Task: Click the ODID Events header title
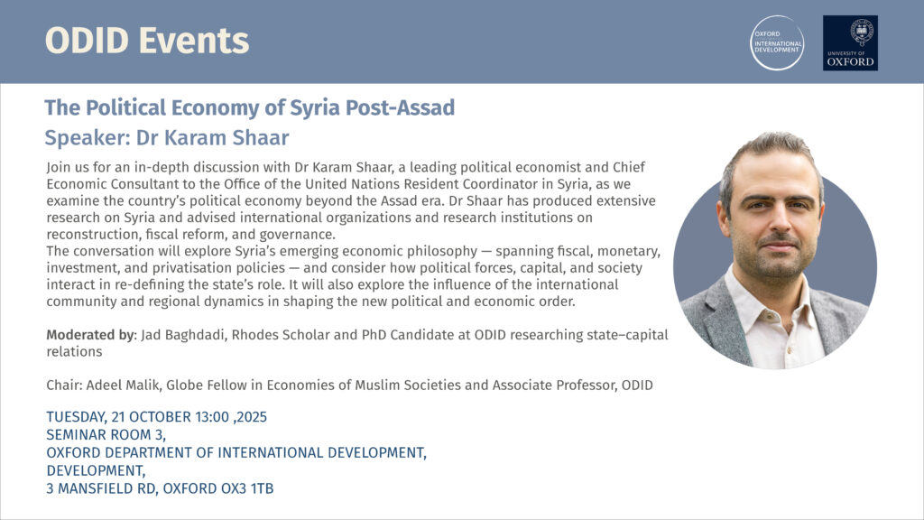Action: pyautogui.click(x=147, y=41)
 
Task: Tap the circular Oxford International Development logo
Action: pyautogui.click(x=777, y=42)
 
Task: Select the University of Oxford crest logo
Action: pyautogui.click(x=850, y=42)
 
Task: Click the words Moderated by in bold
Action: pyautogui.click(x=89, y=335)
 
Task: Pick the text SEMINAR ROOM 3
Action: pyautogui.click(x=100, y=435)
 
